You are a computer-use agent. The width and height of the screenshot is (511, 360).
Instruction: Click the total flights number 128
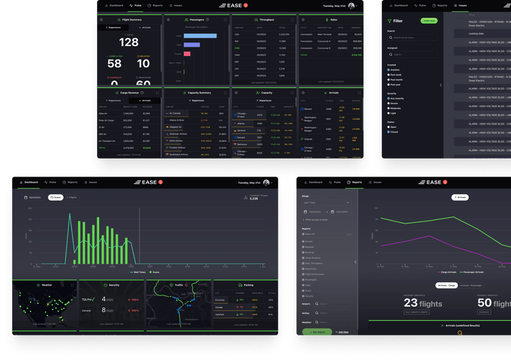coord(129,42)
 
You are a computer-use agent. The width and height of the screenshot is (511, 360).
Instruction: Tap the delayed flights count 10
coord(143,63)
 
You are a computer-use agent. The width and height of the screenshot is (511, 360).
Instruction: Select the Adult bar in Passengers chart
coord(200,36)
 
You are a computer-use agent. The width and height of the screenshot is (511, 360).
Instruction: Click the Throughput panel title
coord(266,20)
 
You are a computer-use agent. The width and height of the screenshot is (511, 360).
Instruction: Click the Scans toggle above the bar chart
coord(55,198)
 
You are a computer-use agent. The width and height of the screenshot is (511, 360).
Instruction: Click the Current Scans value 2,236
coord(254,199)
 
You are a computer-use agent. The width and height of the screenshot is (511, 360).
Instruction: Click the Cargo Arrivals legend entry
coord(447,271)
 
